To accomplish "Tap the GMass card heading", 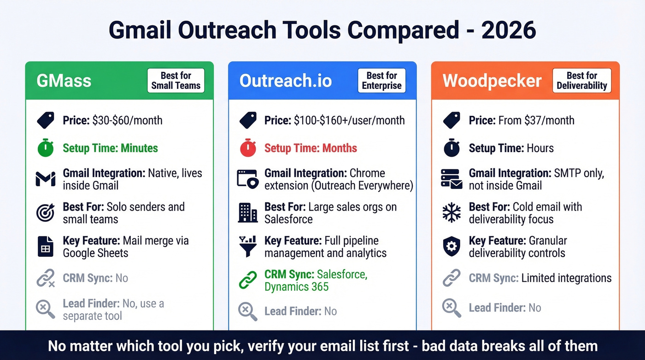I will click(64, 81).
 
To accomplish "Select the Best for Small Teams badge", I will click(176, 81).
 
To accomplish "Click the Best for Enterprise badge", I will click(381, 81).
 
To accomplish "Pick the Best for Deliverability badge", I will click(581, 81).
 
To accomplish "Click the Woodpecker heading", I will click(492, 81).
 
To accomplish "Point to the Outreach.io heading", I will click(286, 81).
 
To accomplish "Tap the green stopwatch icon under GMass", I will click(46, 148).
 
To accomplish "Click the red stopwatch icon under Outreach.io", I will click(248, 148).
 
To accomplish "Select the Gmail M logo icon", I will click(46, 179).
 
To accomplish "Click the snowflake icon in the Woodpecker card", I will click(451, 212).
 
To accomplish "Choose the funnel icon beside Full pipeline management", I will click(248, 246).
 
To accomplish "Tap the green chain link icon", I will click(248, 280).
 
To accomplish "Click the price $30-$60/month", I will click(127, 121).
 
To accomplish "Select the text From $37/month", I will click(536, 121).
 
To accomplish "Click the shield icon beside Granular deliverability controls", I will click(451, 247).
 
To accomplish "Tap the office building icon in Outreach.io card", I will click(248, 212).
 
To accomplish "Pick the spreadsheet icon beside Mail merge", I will click(46, 247).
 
